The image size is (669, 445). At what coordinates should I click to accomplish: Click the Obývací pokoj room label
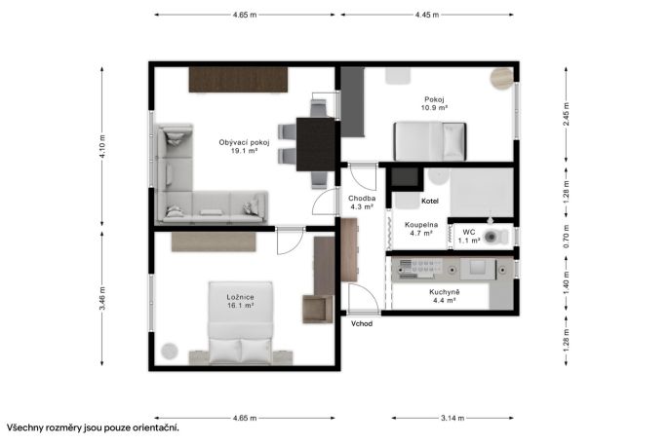[244, 146]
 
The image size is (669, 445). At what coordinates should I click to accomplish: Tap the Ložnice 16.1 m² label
[241, 301]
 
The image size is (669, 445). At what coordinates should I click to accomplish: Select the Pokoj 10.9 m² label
[434, 103]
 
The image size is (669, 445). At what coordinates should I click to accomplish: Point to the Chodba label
[362, 198]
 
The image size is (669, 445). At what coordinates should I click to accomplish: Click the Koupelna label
[421, 224]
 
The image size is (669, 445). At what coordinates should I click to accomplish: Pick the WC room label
[469, 232]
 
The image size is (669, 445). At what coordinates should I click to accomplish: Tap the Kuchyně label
[445, 292]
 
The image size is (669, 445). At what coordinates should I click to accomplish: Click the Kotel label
[430, 201]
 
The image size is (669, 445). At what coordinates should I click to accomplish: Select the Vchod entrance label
[362, 323]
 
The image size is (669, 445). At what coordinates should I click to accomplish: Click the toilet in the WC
[495, 237]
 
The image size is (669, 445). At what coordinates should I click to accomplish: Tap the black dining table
[316, 144]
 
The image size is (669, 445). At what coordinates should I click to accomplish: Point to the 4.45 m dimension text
[427, 15]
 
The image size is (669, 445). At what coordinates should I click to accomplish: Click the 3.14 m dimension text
[453, 418]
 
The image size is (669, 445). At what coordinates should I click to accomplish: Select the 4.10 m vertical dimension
[102, 146]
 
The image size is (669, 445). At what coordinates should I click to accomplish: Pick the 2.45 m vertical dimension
[567, 114]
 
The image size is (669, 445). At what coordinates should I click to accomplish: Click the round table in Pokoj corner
[501, 78]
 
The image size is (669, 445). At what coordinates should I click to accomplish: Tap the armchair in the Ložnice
[318, 309]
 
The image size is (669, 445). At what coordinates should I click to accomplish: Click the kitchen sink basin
[483, 269]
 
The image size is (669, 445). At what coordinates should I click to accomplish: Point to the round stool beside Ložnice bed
[170, 352]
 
